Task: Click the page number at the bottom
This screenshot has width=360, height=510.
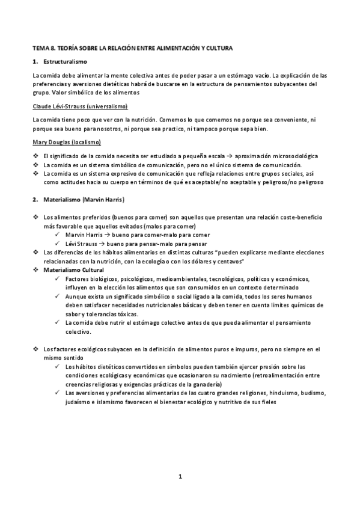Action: coord(180,478)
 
